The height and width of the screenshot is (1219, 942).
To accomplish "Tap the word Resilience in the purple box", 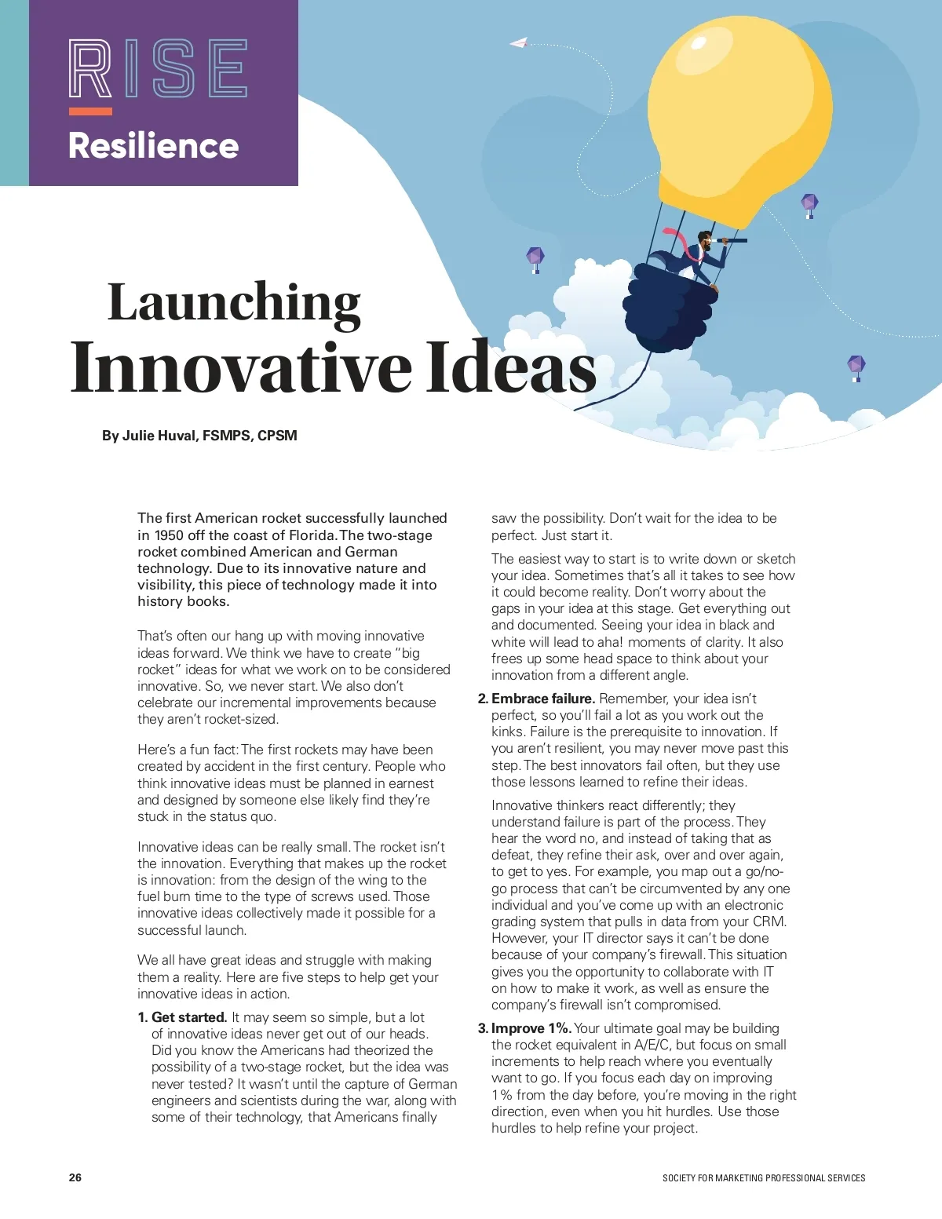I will click(154, 146).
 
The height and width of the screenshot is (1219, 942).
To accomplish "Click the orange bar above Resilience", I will click(90, 111).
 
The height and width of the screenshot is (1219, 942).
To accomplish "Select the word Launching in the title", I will click(234, 303).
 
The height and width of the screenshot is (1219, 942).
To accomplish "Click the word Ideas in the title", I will click(511, 367).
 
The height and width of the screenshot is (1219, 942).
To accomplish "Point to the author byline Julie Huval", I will click(199, 436).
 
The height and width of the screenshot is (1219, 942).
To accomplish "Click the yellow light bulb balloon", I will click(743, 118).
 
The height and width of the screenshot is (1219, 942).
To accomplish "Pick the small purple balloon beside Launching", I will click(535, 257).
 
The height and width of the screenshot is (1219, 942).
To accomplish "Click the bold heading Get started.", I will click(189, 1017).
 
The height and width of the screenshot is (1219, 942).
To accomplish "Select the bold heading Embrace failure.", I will click(542, 699).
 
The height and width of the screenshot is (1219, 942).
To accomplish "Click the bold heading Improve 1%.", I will click(531, 1028).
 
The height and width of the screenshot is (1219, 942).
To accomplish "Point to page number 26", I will click(75, 1177).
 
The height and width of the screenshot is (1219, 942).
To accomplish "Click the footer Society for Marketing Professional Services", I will click(763, 1178).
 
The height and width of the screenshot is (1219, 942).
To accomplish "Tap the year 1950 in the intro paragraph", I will click(170, 535).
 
